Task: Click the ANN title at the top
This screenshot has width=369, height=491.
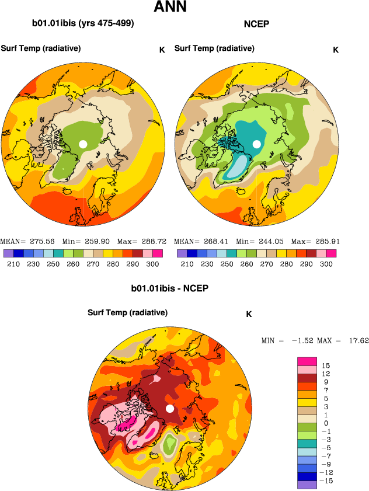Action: [x=170, y=8]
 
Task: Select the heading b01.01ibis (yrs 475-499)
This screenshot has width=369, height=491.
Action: [x=83, y=24]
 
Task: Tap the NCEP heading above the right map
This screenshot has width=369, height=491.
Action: [x=256, y=25]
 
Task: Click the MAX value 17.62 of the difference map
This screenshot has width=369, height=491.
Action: [x=357, y=340]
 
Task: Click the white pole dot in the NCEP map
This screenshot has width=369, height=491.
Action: [x=256, y=144]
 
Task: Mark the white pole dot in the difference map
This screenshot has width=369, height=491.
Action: [x=170, y=409]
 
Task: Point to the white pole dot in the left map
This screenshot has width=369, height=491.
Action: [x=83, y=144]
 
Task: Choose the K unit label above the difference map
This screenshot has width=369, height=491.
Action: [x=249, y=314]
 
